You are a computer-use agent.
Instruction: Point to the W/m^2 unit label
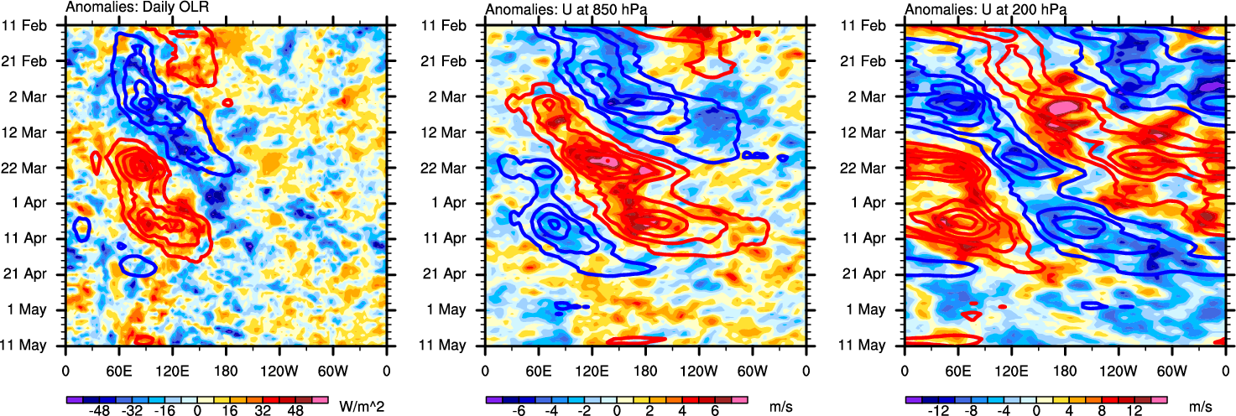[361, 407]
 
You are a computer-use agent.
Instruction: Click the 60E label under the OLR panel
[118, 369]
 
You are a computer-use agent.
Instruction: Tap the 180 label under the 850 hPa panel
[645, 369]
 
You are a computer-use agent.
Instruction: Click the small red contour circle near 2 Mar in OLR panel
[227, 102]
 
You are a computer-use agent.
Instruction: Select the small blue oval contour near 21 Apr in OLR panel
[138, 267]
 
